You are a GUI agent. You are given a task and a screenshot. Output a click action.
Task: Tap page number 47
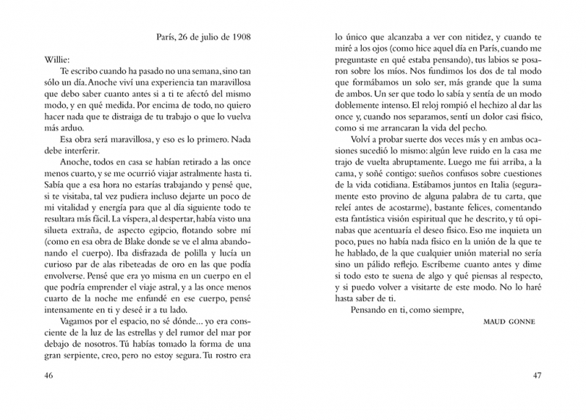tap(537, 376)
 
